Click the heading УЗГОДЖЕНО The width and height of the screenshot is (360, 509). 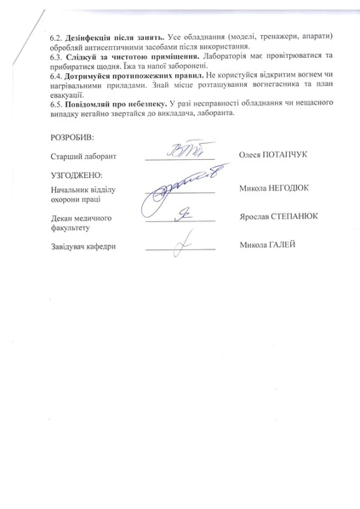(76, 174)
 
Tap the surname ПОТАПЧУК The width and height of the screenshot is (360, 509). (292, 156)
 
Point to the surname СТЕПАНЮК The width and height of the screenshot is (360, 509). (297, 216)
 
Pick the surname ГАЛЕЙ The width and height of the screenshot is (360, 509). (284, 244)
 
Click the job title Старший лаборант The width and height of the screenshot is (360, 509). (83, 157)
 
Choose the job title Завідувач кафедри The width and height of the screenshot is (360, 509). (83, 246)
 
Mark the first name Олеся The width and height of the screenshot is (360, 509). (254, 156)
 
